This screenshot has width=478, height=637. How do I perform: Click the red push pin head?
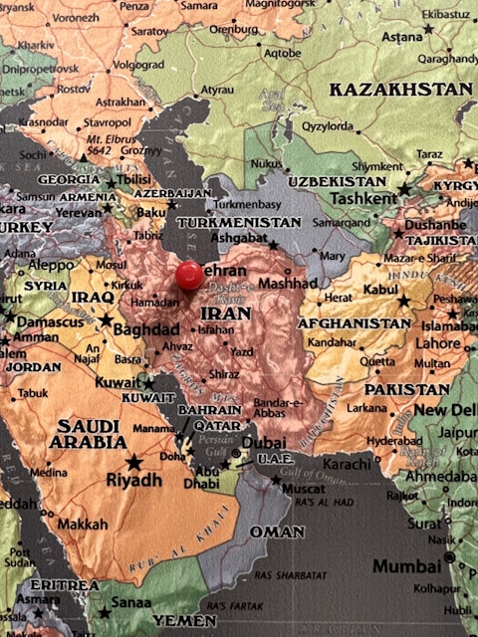[x=188, y=275]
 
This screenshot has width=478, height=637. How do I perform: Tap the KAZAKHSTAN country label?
[x=400, y=90]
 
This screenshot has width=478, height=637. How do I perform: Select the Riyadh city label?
[x=133, y=481]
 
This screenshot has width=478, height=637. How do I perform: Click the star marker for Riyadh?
[x=133, y=462]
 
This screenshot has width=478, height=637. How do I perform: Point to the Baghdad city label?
[x=145, y=329]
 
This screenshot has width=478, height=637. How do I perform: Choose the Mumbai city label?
[x=406, y=566]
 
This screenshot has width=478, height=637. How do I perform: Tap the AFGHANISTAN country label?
[x=354, y=323]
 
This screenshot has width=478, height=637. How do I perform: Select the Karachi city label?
[x=346, y=464]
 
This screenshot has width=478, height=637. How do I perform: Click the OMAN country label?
[x=276, y=532]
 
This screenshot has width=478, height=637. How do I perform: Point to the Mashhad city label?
[x=287, y=283]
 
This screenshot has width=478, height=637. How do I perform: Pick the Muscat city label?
[x=302, y=490]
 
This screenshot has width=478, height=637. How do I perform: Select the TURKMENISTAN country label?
[x=238, y=222]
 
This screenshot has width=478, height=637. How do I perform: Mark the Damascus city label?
[x=49, y=322]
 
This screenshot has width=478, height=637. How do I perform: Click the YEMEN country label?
[x=182, y=620]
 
